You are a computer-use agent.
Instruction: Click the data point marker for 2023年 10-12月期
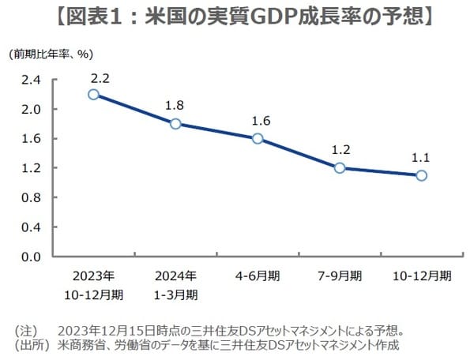[x=93, y=94]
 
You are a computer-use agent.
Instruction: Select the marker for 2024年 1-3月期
[x=175, y=123]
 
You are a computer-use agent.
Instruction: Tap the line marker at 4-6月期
[x=258, y=138]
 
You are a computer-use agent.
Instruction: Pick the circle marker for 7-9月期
[x=340, y=167]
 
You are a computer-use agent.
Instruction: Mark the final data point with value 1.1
[x=422, y=175]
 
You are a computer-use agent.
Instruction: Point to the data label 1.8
[x=175, y=105]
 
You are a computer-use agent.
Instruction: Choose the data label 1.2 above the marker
[x=340, y=149]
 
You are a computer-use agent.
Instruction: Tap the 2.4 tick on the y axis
[x=30, y=80]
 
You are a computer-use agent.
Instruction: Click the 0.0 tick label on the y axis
[x=30, y=257]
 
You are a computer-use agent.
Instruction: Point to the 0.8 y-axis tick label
[x=30, y=197]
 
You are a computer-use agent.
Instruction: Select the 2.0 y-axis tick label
[x=30, y=109]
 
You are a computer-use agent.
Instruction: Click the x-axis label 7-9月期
[x=340, y=276]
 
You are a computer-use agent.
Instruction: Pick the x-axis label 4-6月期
[x=258, y=276]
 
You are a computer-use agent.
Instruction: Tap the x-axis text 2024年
[x=175, y=276]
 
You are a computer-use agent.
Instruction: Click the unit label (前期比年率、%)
[x=48, y=54]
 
